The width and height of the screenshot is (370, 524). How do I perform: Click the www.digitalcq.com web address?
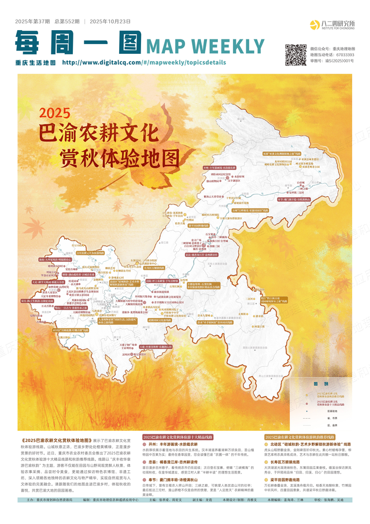point(100,62)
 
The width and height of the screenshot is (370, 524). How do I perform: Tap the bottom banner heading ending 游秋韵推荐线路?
point(307,437)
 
